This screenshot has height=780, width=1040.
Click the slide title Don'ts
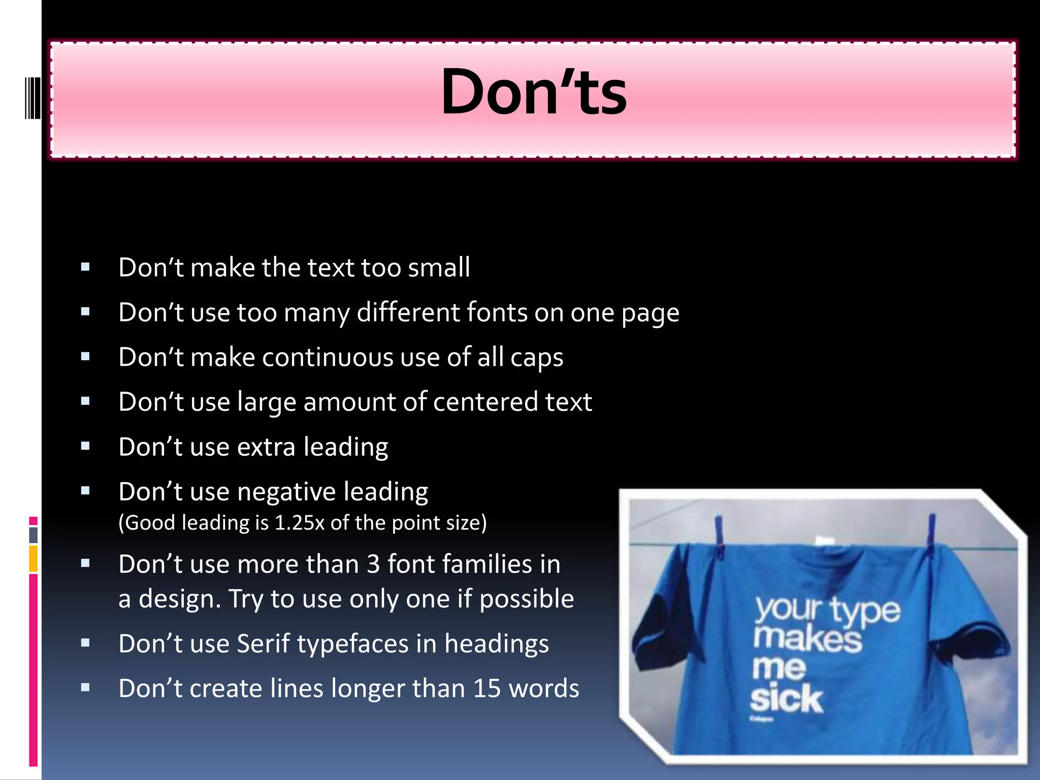[534, 93]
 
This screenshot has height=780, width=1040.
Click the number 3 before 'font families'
[373, 564]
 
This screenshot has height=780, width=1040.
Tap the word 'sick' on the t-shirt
[786, 699]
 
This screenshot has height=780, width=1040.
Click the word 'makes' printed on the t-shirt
[807, 640]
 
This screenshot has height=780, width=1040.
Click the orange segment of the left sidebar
[34, 559]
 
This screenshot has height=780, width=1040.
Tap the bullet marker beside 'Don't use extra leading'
[85, 446]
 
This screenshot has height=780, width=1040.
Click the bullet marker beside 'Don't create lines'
[85, 688]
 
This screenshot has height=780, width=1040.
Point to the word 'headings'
[496, 644]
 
